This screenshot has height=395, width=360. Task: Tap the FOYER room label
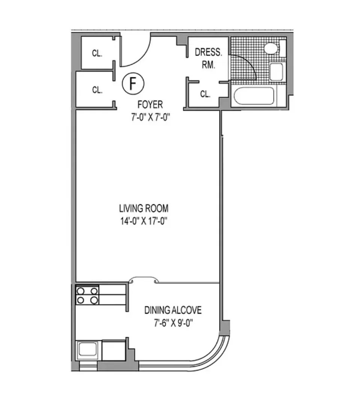point(150,104)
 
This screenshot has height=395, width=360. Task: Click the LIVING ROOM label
point(144,208)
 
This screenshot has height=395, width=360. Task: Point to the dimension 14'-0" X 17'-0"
point(144,221)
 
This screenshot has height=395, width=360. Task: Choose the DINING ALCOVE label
point(173,310)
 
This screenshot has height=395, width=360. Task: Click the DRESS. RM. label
point(208,58)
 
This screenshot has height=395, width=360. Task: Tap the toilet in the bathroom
point(271,48)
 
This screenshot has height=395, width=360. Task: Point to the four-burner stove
point(87,295)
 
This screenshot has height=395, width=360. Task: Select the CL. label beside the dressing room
point(205,94)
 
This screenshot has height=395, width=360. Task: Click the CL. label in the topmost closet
point(97,53)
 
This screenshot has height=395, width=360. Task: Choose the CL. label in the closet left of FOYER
point(97,90)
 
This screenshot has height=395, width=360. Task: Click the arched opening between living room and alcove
point(144,280)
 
